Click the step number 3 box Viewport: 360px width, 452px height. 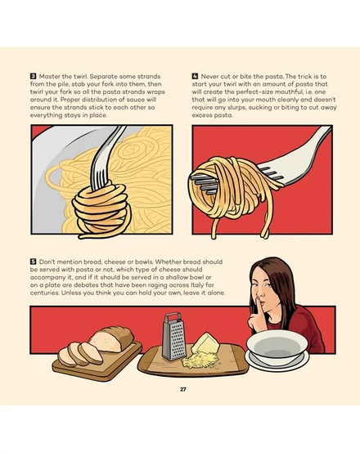34,76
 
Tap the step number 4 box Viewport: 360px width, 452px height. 195,76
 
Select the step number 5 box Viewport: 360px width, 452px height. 34,262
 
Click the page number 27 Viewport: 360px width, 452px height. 183,389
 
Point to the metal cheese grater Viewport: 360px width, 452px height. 173,337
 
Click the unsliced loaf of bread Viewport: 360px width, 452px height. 112,338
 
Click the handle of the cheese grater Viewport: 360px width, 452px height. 173,317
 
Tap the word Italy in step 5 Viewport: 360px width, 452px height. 198,285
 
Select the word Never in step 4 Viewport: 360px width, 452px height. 209,76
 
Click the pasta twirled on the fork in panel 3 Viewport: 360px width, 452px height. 101,210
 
